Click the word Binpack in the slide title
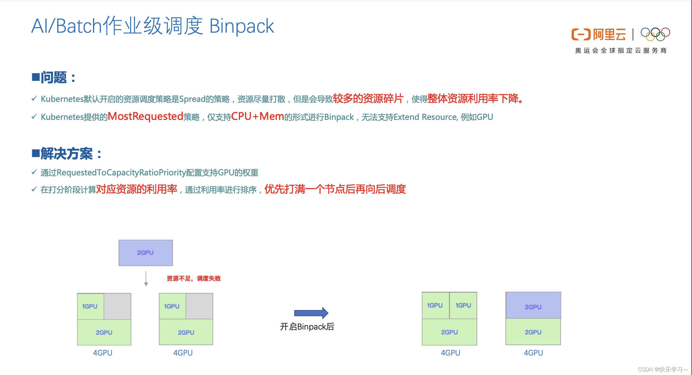241,26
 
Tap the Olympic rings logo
655,34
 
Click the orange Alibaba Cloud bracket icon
581,34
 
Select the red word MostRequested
146,116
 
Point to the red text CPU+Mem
257,116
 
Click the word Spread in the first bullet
192,99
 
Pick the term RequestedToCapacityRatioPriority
121,172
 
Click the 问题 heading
54,78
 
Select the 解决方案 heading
67,154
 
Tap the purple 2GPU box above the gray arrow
146,253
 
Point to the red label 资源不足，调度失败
194,278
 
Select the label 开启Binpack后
307,327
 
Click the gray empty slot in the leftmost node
117,306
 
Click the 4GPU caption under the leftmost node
103,353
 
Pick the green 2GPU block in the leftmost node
104,332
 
